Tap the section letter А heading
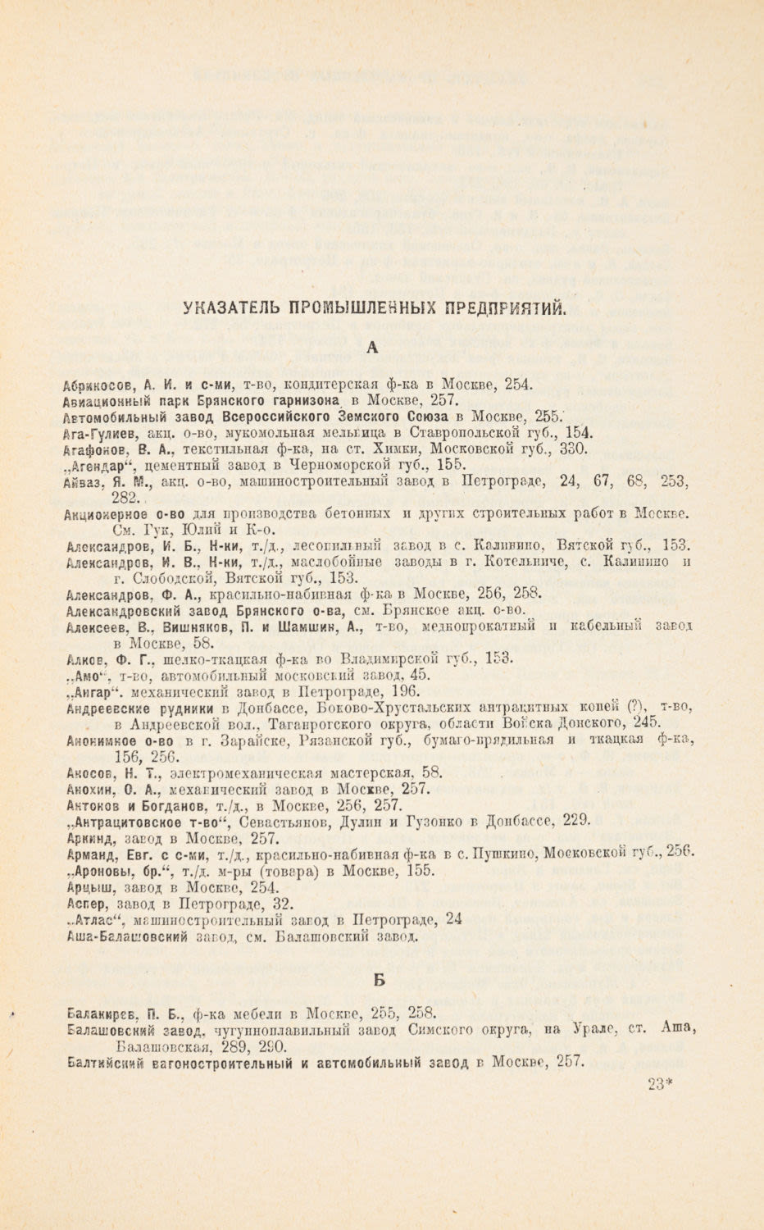click(x=372, y=348)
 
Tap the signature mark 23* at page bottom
click(x=658, y=1085)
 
